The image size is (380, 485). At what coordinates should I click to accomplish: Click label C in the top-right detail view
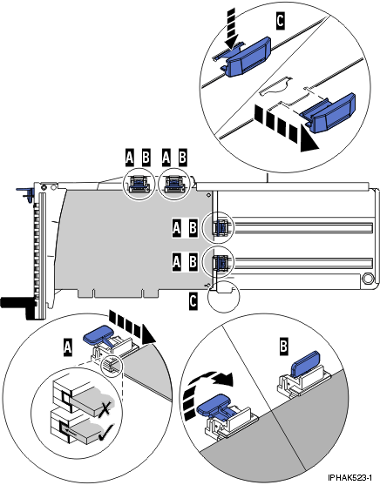coord(280,15)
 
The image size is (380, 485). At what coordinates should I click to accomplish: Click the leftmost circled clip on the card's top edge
coord(137,183)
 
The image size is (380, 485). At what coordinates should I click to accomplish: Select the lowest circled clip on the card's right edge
coord(220,261)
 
